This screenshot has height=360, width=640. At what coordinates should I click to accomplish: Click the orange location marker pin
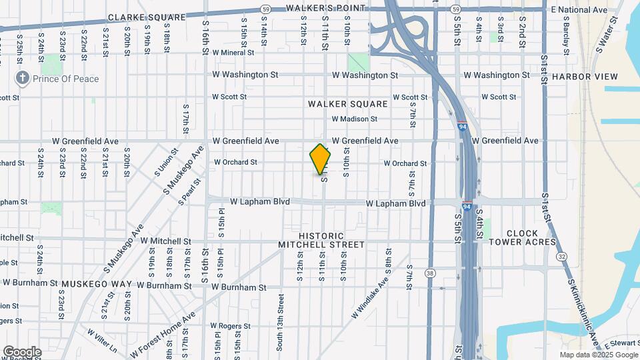pos(321,159)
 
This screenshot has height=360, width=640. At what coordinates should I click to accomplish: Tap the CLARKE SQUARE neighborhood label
pos(138,17)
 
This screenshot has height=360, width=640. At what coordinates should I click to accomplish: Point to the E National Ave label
pos(579,10)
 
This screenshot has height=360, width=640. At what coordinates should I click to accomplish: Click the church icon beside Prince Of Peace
pos(23,79)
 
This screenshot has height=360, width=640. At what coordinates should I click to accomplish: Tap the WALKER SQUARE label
pos(347,104)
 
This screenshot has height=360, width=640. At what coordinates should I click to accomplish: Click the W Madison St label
pos(355,119)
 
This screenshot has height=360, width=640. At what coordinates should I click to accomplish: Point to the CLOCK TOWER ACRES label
pos(531,238)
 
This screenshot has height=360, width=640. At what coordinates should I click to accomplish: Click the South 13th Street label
pos(281,326)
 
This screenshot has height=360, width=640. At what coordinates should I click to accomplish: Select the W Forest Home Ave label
pos(163,335)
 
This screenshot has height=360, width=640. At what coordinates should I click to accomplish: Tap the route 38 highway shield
pos(430,273)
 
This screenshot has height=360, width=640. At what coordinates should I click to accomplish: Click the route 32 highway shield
pos(563,256)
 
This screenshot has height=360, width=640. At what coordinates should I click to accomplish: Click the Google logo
pos(22,352)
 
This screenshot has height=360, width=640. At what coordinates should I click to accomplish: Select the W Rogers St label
pos(230,327)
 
